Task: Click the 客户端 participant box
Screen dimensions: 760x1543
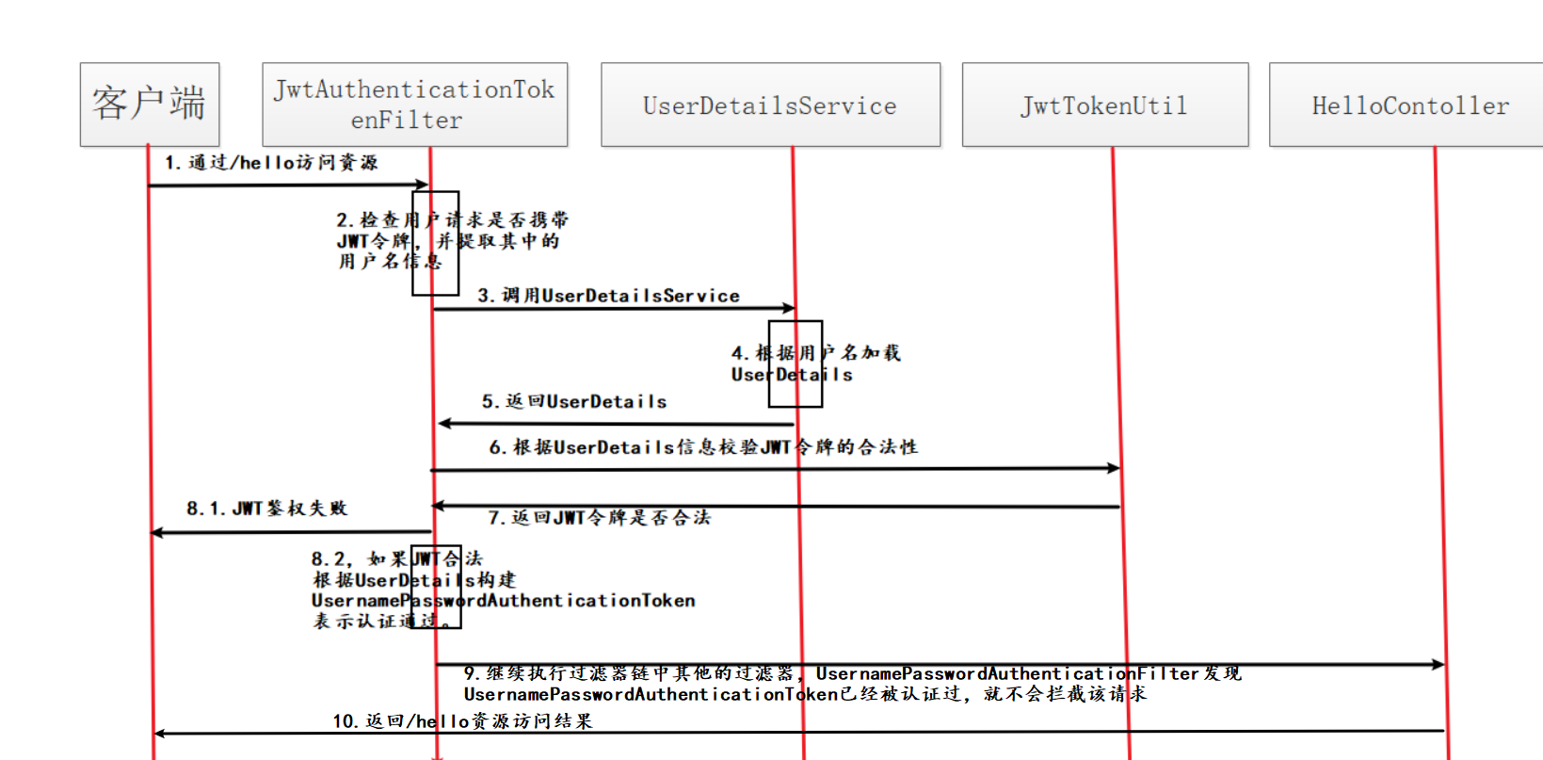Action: tap(150, 104)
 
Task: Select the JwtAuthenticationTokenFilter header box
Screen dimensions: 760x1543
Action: tap(414, 104)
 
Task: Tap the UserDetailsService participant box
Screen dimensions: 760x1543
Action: tap(770, 105)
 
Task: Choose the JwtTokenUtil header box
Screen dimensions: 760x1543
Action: tap(1104, 105)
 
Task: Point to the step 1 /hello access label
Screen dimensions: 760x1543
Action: tap(271, 163)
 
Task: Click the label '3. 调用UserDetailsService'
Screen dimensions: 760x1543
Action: tap(608, 296)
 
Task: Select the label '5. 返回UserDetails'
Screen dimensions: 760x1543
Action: tap(574, 401)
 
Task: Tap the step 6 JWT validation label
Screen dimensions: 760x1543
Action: tap(702, 446)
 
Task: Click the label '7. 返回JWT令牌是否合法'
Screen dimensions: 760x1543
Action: tap(599, 517)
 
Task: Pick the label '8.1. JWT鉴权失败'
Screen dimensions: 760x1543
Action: tap(266, 509)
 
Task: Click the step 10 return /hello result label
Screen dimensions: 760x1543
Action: tap(462, 721)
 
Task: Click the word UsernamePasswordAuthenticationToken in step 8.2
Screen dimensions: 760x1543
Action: tap(503, 601)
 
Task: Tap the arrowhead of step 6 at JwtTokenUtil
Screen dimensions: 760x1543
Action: tap(1114, 468)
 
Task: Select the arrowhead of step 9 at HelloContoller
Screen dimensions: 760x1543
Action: tap(1438, 665)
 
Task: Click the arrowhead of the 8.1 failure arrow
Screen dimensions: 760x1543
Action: tap(157, 533)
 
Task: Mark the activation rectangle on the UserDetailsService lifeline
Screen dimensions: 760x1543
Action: tap(795, 364)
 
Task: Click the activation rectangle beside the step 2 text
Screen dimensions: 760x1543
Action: tap(435, 243)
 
